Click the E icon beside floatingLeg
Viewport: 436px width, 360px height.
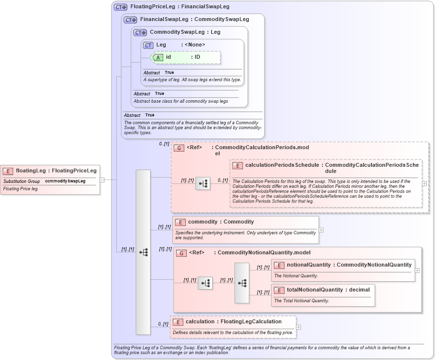[x=8, y=171]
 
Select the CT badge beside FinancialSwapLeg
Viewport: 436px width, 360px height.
[x=131, y=20]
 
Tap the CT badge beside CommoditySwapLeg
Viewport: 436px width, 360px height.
[x=140, y=32]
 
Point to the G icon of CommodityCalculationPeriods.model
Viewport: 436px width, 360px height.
[x=179, y=148]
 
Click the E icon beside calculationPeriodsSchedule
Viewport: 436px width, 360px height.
[x=237, y=166]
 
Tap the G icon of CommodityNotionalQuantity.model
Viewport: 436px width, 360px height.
[x=181, y=253]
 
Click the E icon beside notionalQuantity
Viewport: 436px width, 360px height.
[x=279, y=265]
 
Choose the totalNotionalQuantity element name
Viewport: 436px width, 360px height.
[x=315, y=290]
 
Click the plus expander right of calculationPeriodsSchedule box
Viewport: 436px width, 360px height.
[x=424, y=183]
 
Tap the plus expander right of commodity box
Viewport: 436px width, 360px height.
[x=321, y=229]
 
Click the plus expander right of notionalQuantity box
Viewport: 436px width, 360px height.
[x=417, y=270]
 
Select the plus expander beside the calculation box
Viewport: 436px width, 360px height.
[x=298, y=327]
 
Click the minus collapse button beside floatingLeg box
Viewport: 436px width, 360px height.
[x=102, y=180]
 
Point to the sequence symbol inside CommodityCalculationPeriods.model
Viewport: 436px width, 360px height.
[x=203, y=183]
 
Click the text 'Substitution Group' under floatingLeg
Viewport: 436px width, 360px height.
[x=22, y=181]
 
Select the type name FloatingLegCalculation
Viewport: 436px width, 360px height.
[x=251, y=322]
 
